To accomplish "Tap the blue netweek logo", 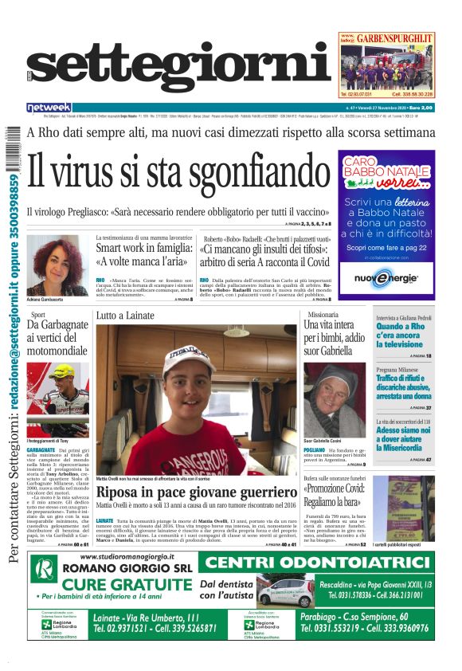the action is tap(49, 108).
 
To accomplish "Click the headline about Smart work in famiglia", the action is tap(143, 254).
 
